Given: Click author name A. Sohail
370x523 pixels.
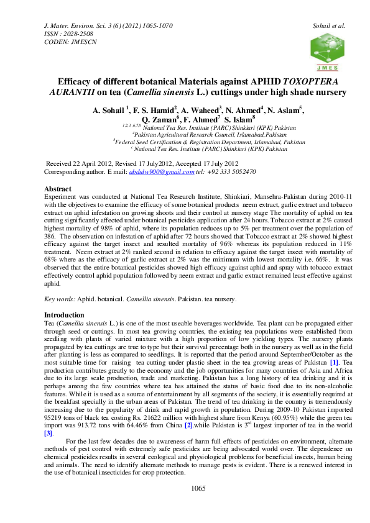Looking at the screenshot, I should click(109, 111).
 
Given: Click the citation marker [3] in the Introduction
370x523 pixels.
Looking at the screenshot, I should click(48, 433).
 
